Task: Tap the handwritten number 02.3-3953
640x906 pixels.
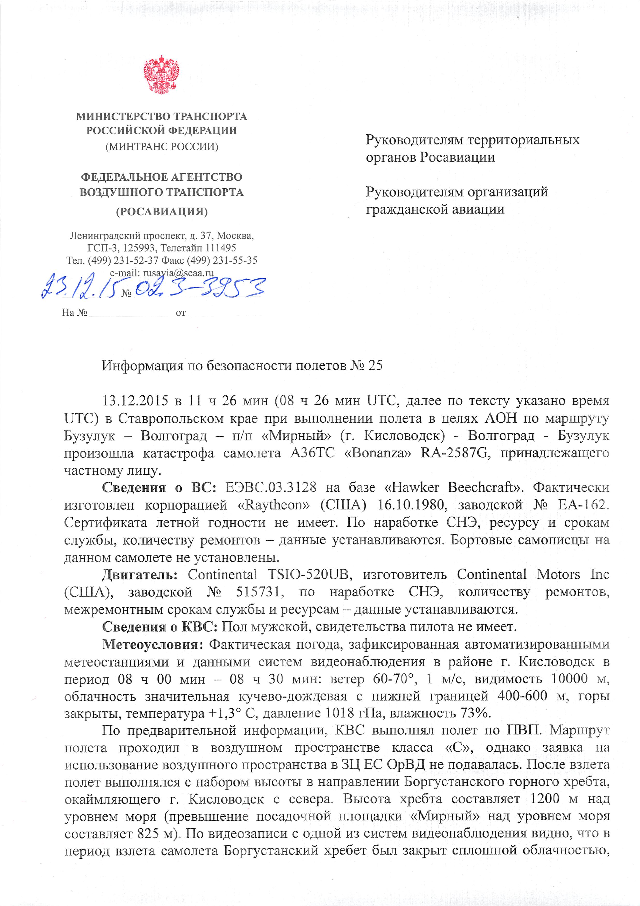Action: point(199,288)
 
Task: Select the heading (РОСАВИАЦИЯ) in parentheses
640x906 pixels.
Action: point(162,212)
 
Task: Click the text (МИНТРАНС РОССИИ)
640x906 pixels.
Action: point(162,147)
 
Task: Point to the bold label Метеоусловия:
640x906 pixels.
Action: point(152,645)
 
